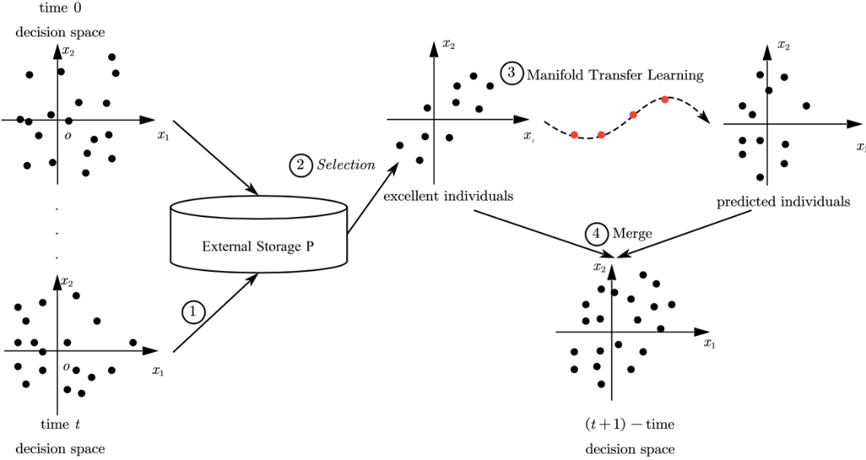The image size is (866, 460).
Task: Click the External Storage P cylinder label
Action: tap(258, 246)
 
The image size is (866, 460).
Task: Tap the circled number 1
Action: tap(193, 311)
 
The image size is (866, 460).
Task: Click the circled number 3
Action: tap(512, 73)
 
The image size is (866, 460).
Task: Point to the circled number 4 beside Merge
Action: tap(597, 233)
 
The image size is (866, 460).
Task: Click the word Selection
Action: tap(346, 165)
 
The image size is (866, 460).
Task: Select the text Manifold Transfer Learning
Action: tap(614, 75)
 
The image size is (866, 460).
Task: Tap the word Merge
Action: tap(632, 234)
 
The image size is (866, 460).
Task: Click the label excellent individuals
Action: tap(447, 196)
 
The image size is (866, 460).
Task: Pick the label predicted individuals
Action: tap(783, 203)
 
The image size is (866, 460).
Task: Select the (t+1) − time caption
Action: tap(630, 424)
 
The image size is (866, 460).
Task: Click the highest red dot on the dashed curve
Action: tap(665, 100)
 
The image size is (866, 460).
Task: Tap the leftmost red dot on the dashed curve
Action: tap(574, 135)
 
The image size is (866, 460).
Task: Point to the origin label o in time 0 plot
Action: tap(69, 135)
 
